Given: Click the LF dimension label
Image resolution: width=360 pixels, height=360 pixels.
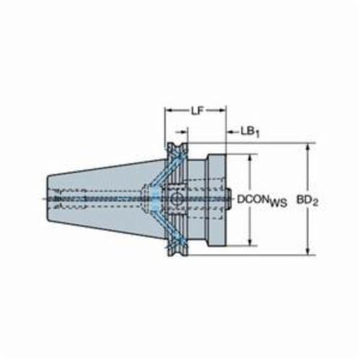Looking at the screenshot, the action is coord(197,111).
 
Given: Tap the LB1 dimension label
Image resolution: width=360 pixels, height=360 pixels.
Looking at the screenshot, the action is coord(250,132).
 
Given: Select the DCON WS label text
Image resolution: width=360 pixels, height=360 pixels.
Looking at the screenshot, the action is coord(262,200).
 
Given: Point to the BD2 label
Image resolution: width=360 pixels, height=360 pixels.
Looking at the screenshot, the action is coord(307,201).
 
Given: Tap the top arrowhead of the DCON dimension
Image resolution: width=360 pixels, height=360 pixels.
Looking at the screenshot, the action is coord(251,158).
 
